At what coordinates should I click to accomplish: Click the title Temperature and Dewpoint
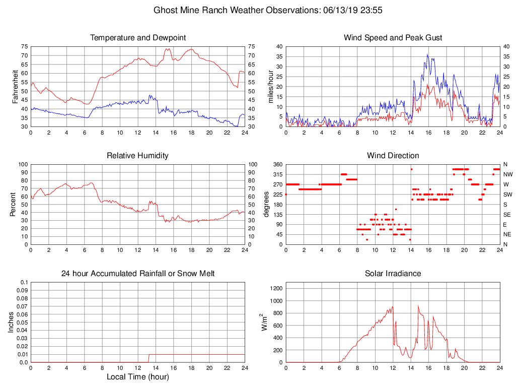(137, 38)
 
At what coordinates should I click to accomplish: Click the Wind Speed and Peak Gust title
(393, 38)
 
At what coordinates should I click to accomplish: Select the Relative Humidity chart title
(137, 156)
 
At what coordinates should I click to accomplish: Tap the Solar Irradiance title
(393, 274)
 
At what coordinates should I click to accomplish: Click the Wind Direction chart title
(393, 156)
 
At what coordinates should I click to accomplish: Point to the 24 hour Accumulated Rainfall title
(137, 274)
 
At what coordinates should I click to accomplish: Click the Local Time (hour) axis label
(137, 377)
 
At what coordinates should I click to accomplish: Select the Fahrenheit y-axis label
(15, 86)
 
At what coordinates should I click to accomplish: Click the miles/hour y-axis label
(270, 86)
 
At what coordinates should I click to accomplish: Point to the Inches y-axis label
(11, 322)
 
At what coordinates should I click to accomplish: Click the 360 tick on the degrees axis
(277, 164)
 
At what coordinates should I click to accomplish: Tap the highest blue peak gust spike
(427, 54)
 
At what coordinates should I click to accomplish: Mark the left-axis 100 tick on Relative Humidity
(23, 164)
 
